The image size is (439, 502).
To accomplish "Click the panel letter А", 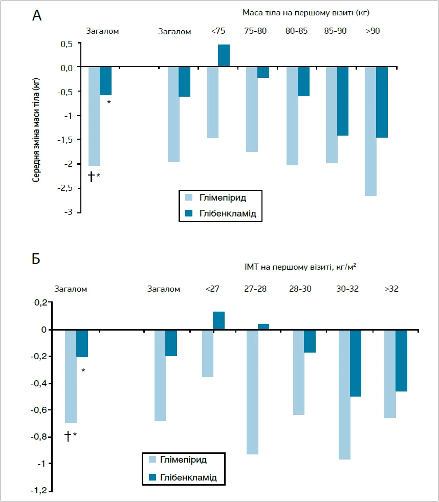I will pos(36,15).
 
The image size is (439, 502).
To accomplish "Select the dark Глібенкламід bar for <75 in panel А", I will pos(224,56).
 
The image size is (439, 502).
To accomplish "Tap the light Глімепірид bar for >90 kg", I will pos(370,131).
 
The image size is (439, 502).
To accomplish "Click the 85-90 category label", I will pos(335,31).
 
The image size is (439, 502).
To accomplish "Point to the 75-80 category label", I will pos(255,31).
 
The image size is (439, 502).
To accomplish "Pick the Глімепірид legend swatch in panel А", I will pos(189,198).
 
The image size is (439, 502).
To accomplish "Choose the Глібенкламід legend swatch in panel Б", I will pos(152,477).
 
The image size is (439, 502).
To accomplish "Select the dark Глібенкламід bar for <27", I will pos(218,320).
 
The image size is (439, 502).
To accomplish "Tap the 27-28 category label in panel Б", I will pos(255,289).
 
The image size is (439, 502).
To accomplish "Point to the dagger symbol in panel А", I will pos(91,177).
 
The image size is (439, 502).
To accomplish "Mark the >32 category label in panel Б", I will pos(391,289).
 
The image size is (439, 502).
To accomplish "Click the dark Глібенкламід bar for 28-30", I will pos(310,341).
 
